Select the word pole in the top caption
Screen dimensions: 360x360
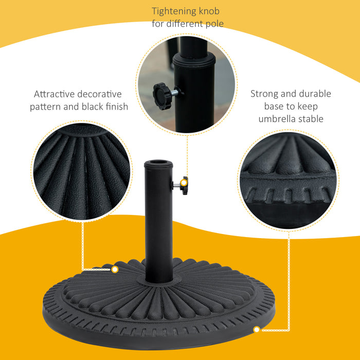click(x=213, y=24)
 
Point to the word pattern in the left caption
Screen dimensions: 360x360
click(x=47, y=107)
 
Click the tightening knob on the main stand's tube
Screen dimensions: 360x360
click(x=184, y=183)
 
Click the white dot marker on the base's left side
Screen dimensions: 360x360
click(x=115, y=269)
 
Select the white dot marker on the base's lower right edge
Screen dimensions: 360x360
click(x=256, y=329)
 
